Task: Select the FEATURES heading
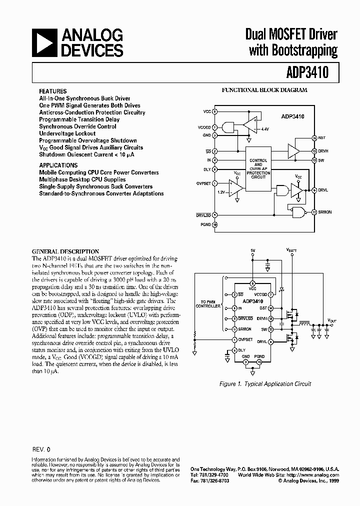pos(53,91)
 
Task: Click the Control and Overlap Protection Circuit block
pos(258,169)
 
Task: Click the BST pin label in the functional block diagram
pos(321,137)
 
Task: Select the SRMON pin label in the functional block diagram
pos(325,212)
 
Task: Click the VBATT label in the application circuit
pos(291,249)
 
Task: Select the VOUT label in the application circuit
pos(332,319)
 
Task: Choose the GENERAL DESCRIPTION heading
pos(65,251)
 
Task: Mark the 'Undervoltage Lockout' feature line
pos(67,133)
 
